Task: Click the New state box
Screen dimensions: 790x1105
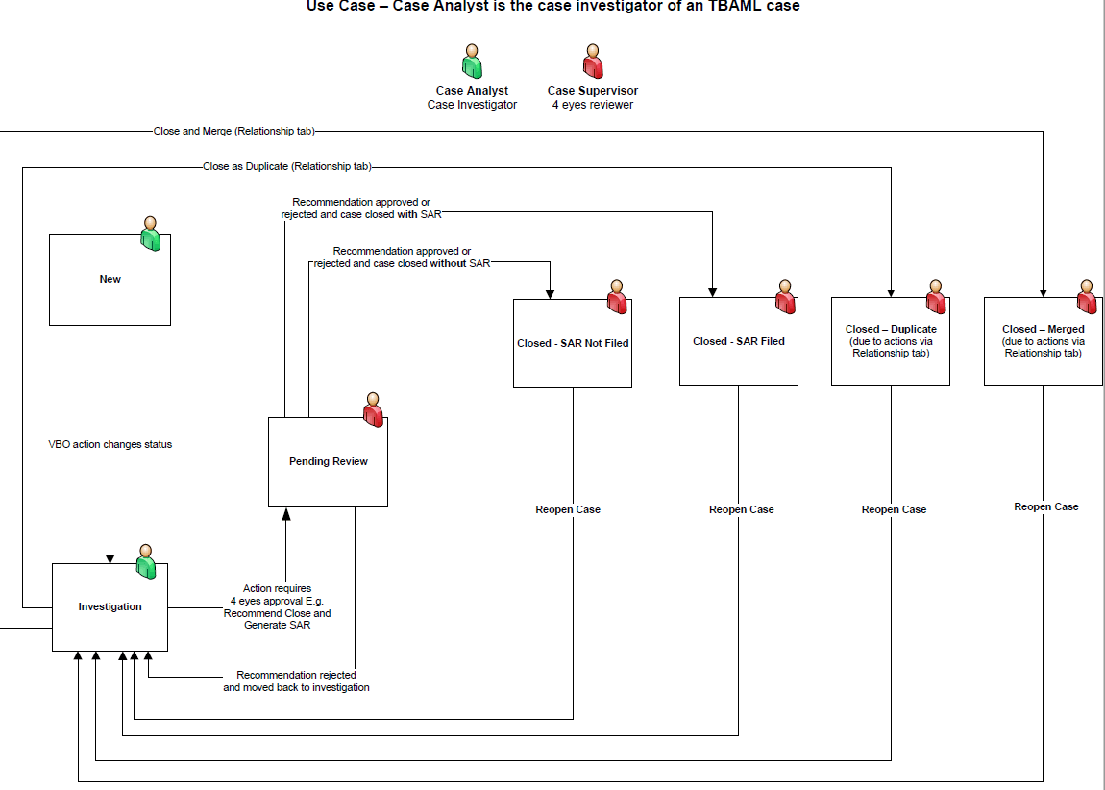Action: tap(110, 279)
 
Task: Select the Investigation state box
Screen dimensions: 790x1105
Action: tap(110, 607)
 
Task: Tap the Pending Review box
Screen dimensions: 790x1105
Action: tap(328, 462)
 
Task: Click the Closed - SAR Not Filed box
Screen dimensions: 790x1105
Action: tap(573, 343)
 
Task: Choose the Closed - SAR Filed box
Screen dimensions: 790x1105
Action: tap(738, 341)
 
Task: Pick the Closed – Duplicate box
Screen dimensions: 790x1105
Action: tap(890, 341)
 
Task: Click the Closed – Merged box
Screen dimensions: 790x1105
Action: tap(1043, 341)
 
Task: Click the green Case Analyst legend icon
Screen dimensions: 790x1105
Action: tap(472, 62)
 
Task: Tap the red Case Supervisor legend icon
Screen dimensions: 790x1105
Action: tap(593, 62)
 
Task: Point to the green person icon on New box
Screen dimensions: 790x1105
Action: tap(150, 234)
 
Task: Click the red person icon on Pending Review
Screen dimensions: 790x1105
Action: tap(373, 409)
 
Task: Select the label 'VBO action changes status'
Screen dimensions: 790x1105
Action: tap(110, 445)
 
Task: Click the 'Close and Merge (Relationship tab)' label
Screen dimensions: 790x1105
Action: tap(233, 131)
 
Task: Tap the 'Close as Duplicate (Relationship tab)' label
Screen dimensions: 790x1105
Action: tap(286, 167)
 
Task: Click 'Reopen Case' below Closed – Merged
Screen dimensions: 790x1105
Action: tap(1045, 506)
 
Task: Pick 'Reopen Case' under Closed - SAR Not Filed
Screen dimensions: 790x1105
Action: tap(568, 509)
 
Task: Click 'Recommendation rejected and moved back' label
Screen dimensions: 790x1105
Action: tap(296, 681)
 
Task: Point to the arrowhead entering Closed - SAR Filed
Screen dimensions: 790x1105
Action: tap(712, 292)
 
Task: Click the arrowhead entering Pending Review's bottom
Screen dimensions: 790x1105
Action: tap(285, 513)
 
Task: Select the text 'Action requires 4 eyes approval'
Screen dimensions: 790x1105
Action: tap(277, 594)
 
